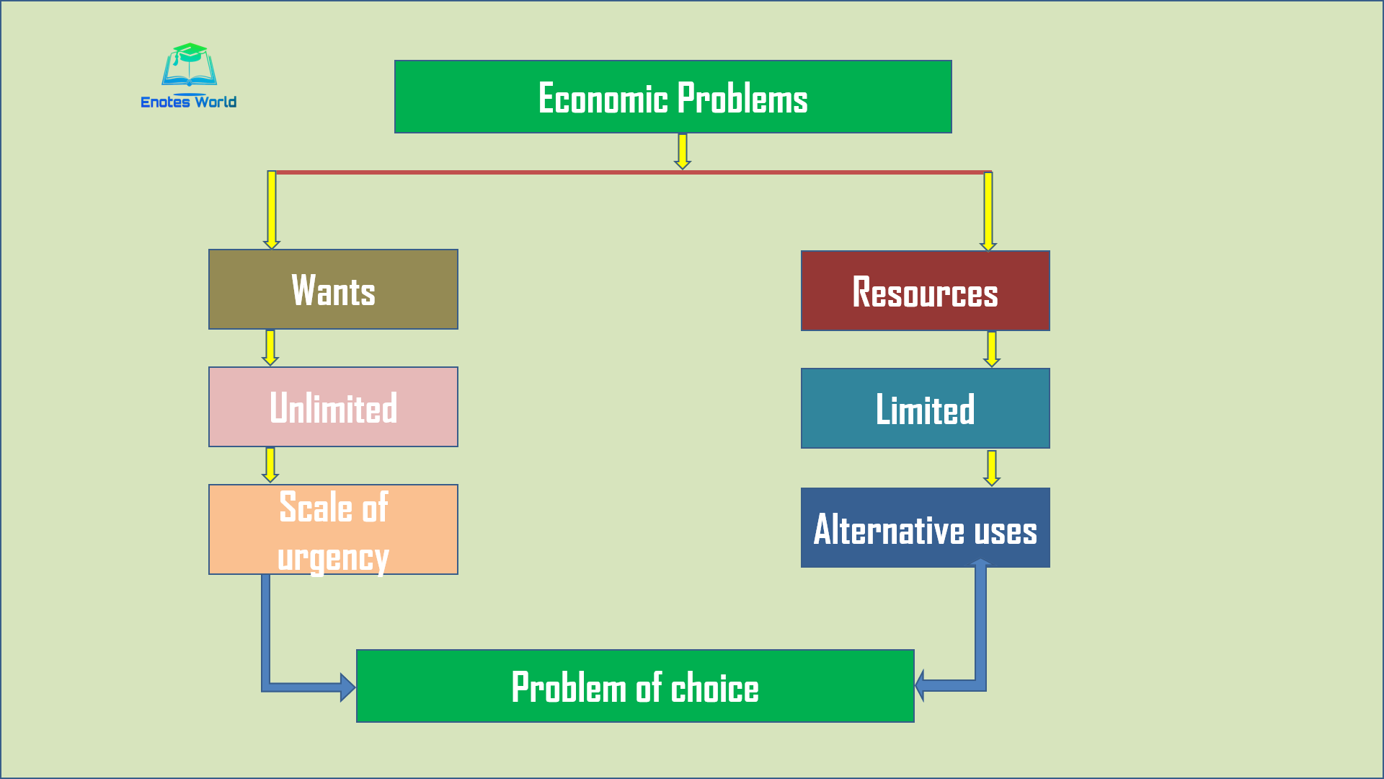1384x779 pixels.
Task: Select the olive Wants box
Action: pos(333,289)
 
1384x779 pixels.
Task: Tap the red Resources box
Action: pos(925,291)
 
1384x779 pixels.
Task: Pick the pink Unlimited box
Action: pos(333,407)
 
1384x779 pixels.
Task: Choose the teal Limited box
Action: pos(925,408)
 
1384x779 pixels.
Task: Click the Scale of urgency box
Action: pos(333,529)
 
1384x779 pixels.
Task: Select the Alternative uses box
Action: pos(925,528)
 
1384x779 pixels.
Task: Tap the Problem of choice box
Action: pos(634,686)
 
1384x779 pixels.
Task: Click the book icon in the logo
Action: pos(190,66)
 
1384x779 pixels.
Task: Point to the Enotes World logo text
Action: pos(189,102)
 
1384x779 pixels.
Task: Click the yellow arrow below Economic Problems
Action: pos(682,151)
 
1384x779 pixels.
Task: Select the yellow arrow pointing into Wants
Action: pos(272,209)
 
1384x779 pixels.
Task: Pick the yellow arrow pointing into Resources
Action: pos(988,211)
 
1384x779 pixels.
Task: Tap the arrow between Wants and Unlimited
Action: pos(270,348)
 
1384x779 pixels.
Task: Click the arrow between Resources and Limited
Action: pos(992,349)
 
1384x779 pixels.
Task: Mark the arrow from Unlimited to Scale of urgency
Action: pos(270,465)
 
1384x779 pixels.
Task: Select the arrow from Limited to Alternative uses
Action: pos(992,468)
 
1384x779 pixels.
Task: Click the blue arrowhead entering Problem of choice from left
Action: pos(347,687)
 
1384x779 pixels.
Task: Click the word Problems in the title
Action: pos(742,98)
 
